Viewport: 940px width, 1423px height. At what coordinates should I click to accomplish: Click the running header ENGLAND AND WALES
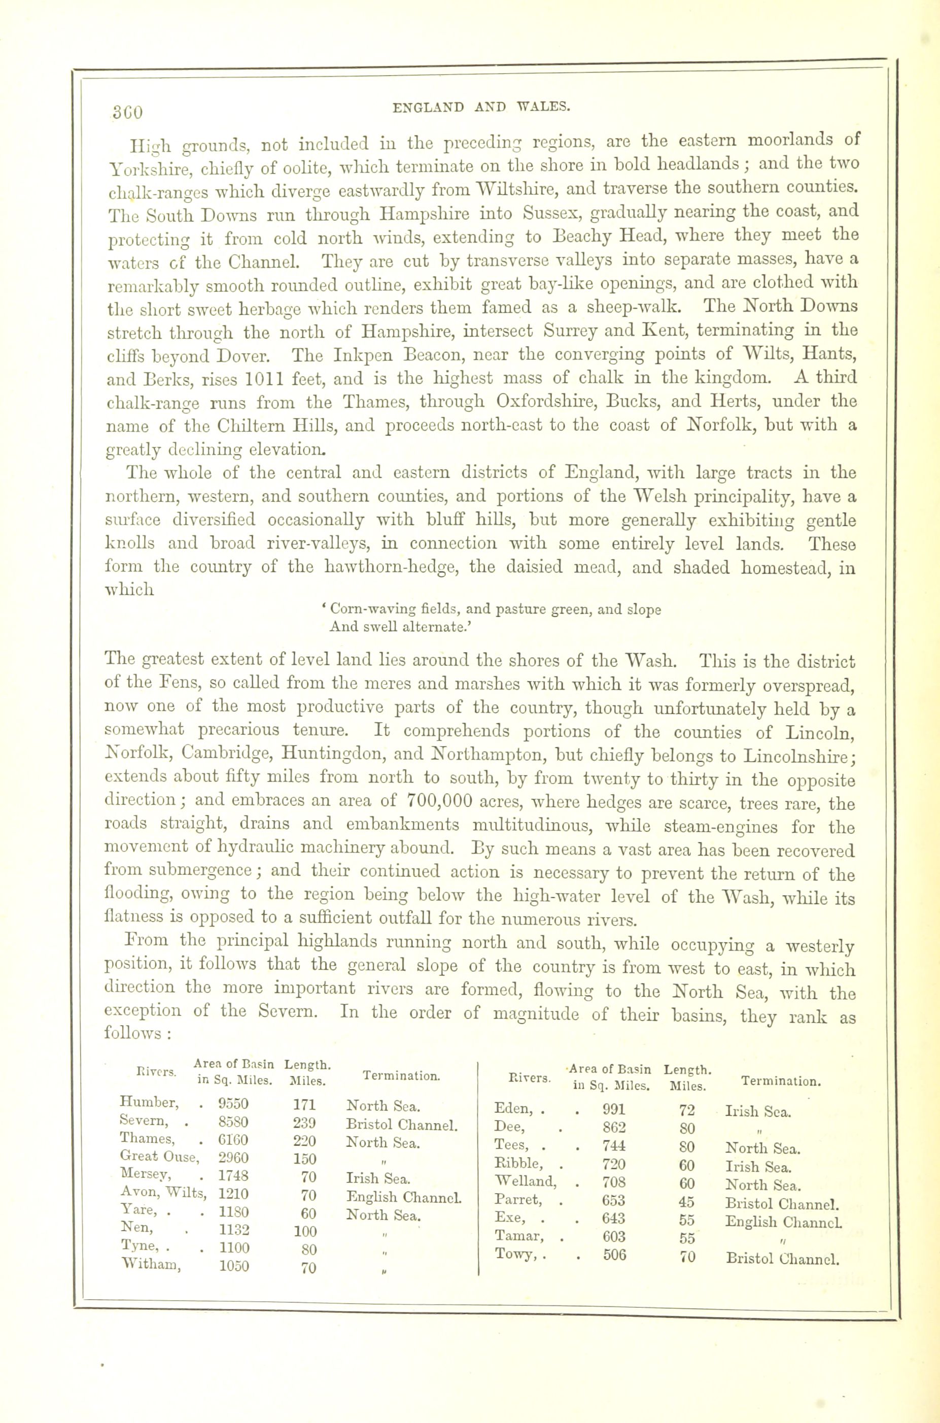(481, 108)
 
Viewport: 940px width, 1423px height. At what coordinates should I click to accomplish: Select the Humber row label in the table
(149, 1102)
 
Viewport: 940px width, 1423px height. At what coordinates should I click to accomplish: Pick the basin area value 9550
(233, 1103)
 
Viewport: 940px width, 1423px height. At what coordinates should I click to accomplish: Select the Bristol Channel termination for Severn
(402, 1125)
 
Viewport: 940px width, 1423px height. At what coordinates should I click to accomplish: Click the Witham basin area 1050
(234, 1266)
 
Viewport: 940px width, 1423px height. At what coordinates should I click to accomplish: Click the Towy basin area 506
(614, 1254)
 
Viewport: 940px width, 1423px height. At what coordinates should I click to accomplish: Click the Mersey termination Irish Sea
(378, 1178)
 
